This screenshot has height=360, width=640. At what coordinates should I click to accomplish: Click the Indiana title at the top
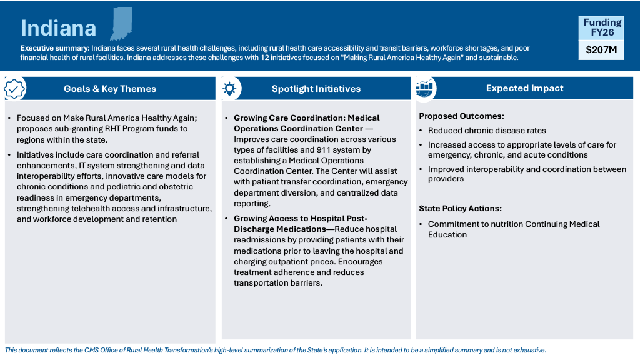click(x=59, y=28)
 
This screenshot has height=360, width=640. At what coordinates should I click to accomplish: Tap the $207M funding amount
click(x=601, y=50)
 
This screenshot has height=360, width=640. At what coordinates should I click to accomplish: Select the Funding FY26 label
click(x=602, y=27)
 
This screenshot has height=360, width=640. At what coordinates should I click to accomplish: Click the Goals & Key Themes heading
click(x=110, y=89)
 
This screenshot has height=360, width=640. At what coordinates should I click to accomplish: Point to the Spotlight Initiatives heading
click(x=316, y=89)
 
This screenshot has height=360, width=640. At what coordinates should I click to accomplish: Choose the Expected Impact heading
click(x=524, y=88)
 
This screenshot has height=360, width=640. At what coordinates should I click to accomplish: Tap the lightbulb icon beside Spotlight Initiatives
click(x=229, y=88)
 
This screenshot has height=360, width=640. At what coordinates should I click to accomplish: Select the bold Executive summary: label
click(x=55, y=48)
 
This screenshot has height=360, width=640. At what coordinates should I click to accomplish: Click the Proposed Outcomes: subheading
click(x=461, y=116)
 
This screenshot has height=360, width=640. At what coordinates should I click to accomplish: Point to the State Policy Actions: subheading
click(x=460, y=209)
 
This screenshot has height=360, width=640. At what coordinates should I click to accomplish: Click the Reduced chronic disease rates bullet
click(x=487, y=131)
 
